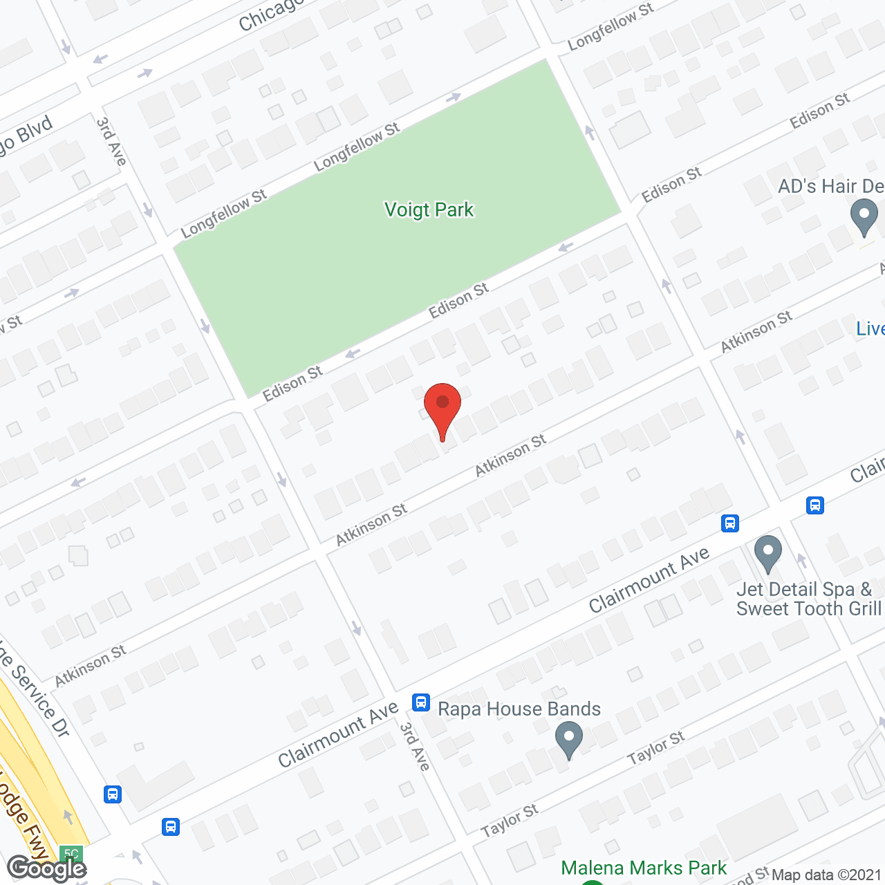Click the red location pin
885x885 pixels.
coord(442,404)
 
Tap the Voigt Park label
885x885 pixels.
coord(429,209)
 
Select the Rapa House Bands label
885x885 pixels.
coord(519,709)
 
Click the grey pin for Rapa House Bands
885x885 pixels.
coord(569,738)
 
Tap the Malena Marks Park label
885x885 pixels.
coord(644,868)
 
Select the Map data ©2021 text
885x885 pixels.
coord(826,875)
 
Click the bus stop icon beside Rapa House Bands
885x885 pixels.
coord(421,702)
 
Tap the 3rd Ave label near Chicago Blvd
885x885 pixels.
coord(111,142)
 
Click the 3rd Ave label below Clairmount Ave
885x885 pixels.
coord(416,747)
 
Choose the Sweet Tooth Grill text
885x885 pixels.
coord(808,608)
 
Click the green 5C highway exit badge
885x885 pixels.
coord(71,853)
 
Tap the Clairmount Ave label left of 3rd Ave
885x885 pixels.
coord(338,735)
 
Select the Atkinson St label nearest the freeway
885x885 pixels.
coord(91,665)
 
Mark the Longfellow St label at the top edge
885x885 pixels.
coord(610,27)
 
